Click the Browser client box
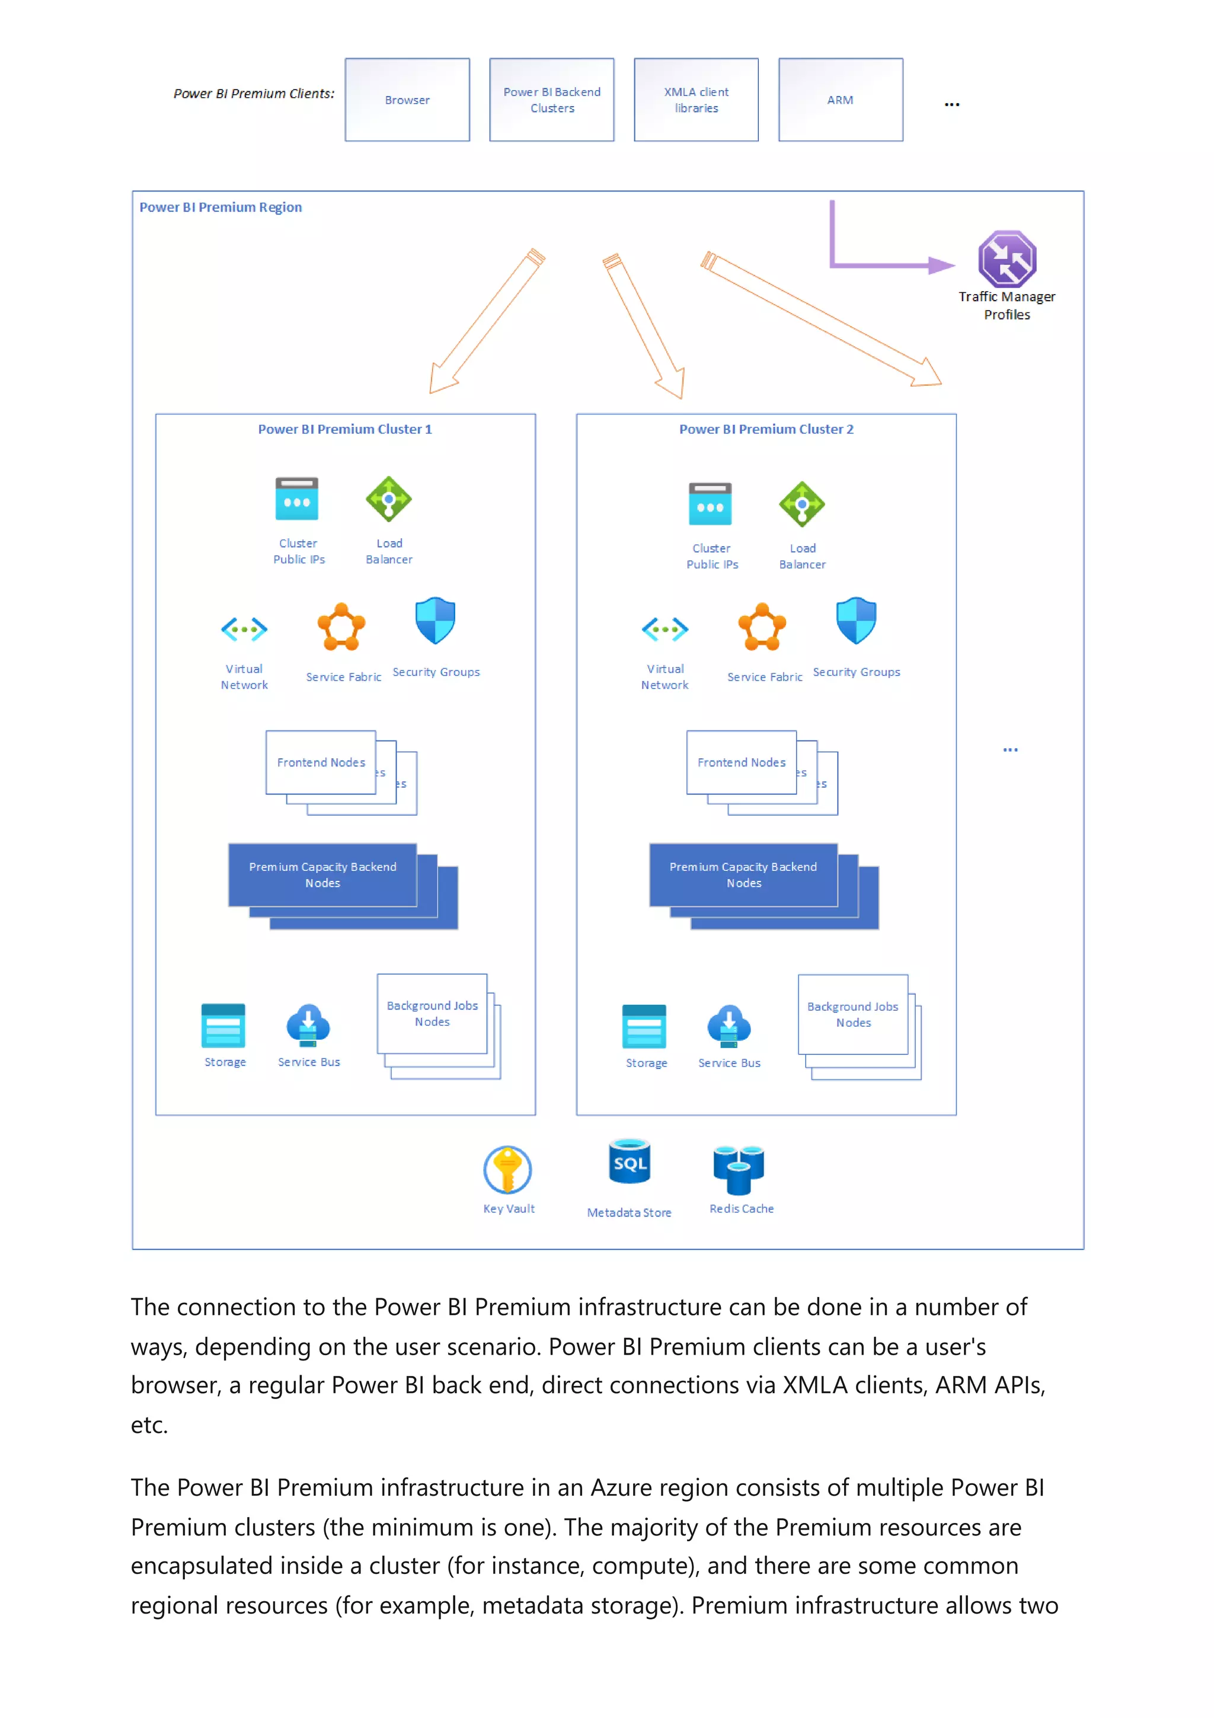click(407, 100)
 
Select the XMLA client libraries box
click(696, 100)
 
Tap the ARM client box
click(840, 100)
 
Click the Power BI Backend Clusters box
click(551, 100)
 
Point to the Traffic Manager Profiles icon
click(1007, 259)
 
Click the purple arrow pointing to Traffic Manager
click(890, 264)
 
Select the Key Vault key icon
click(507, 1169)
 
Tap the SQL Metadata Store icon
click(629, 1162)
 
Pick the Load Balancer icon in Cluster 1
click(388, 499)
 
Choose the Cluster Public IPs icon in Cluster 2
click(710, 503)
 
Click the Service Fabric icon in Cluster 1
click(341, 627)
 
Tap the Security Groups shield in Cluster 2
click(856, 620)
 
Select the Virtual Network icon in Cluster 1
click(244, 630)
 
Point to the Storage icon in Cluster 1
click(223, 1025)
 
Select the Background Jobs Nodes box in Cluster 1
click(432, 1013)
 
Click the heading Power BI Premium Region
click(221, 207)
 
